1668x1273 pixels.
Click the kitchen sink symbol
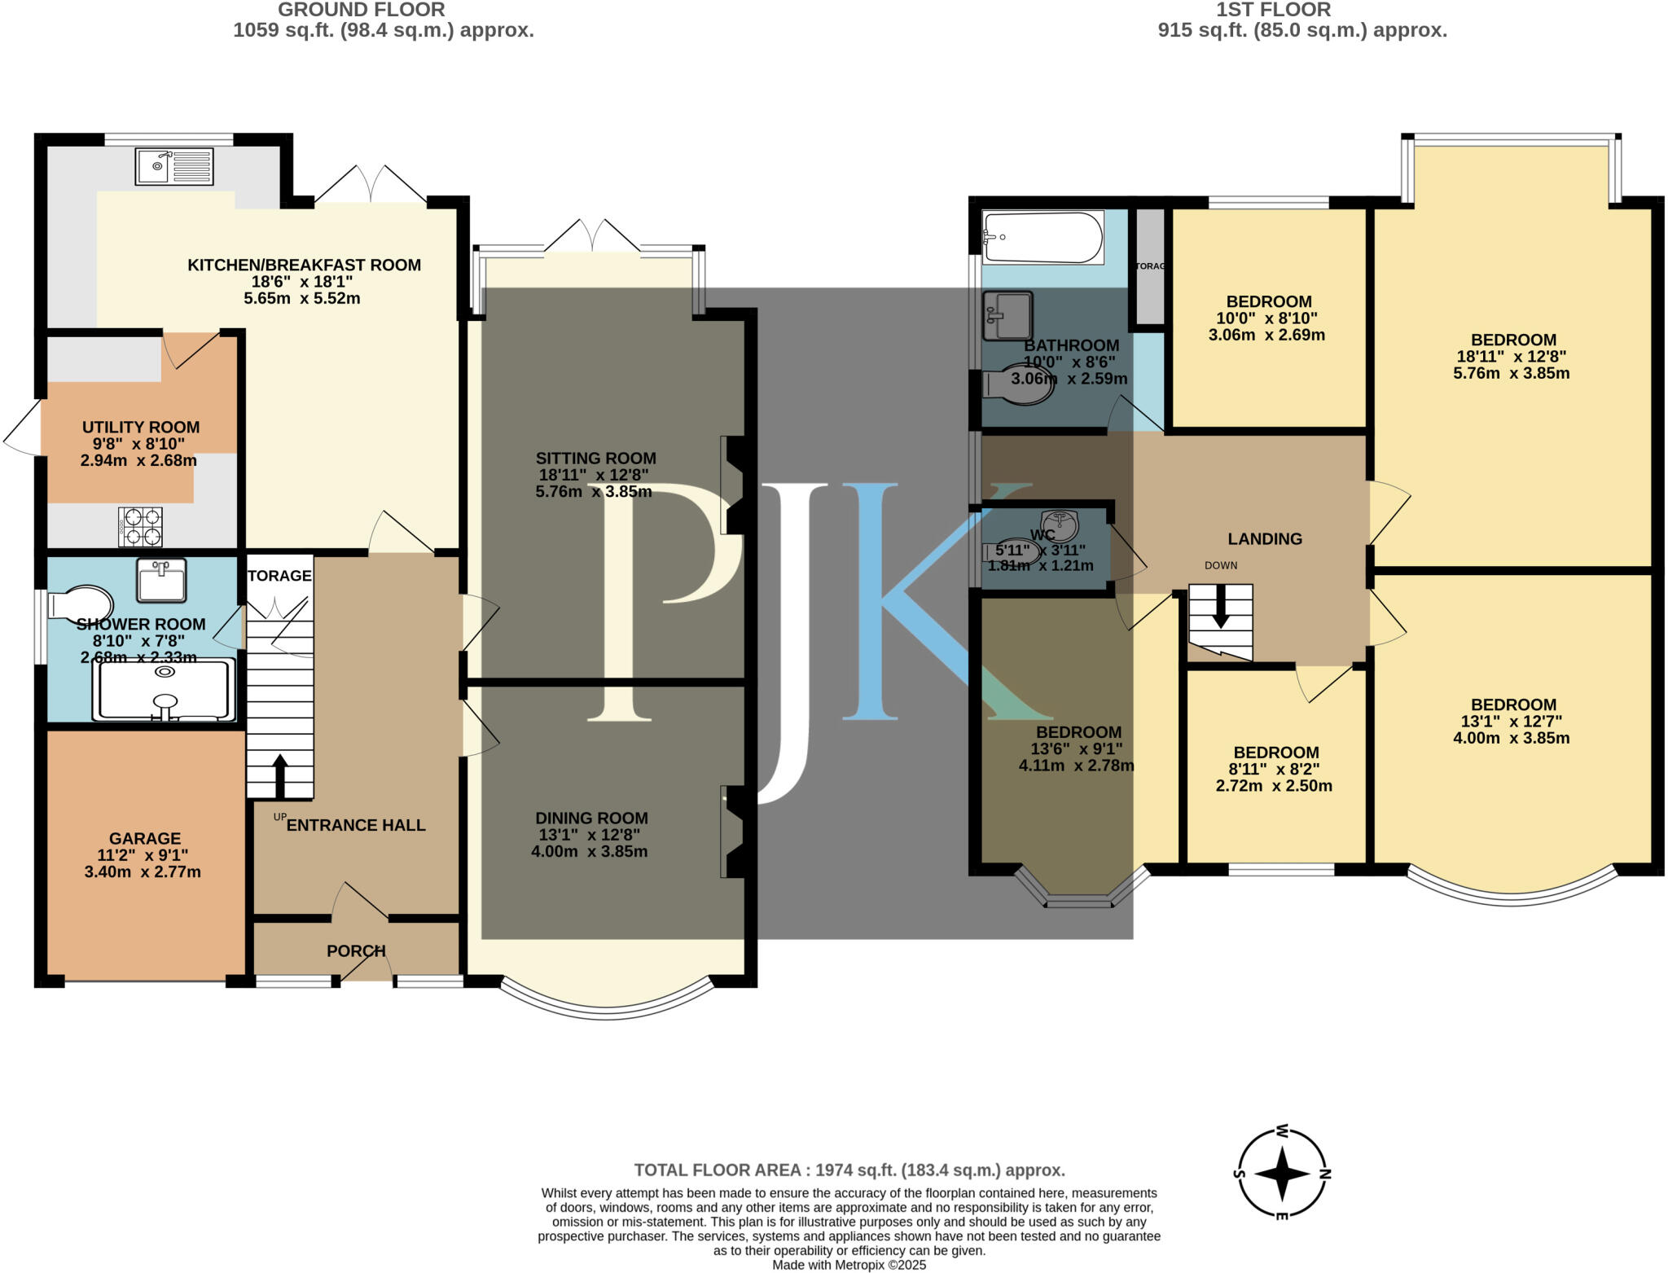click(174, 167)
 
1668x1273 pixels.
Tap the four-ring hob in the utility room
click(141, 526)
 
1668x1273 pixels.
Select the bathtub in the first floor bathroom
click(1042, 237)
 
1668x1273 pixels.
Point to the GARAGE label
click(145, 838)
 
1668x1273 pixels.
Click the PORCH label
click(356, 950)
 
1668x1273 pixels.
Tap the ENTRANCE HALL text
click(356, 825)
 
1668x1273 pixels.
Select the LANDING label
click(1265, 538)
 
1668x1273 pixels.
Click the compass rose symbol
click(1282, 1174)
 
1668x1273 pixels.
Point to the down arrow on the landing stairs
click(1220, 611)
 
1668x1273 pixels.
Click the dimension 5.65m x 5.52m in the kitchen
click(301, 298)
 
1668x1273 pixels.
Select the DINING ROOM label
click(591, 818)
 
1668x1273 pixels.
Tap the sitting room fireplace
click(732, 485)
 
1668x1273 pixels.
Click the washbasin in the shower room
click(161, 579)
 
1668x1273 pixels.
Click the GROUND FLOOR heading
click(361, 10)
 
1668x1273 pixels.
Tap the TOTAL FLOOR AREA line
click(849, 1170)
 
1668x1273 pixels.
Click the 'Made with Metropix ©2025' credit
click(849, 1265)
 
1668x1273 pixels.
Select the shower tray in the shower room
click(165, 690)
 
